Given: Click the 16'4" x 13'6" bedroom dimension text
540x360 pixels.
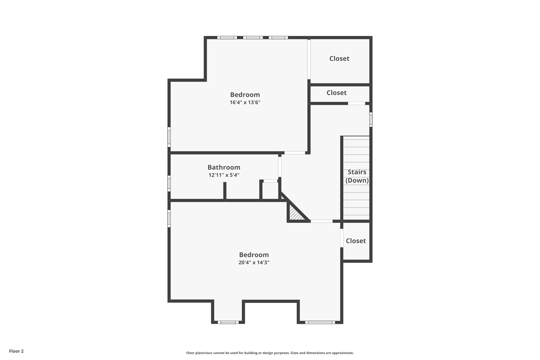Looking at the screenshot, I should point(245,102).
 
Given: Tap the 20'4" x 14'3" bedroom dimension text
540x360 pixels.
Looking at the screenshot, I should point(254,262).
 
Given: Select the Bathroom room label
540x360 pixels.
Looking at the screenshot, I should point(224,167).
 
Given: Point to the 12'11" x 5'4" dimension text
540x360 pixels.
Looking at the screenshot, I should point(224,175).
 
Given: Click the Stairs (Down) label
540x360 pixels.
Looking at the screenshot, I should point(357,176).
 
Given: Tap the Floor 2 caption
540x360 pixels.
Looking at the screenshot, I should point(16,351).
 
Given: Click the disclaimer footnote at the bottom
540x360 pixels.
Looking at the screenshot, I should point(270,353).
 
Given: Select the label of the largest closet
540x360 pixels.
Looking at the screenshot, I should point(339,59).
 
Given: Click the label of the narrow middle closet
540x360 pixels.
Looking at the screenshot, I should point(336,93).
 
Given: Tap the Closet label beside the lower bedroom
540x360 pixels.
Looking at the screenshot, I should point(356,241).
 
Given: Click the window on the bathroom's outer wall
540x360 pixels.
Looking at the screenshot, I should point(169,183).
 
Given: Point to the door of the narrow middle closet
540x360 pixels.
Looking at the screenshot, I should point(356,103).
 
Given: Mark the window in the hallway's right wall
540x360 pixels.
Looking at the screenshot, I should point(371,119).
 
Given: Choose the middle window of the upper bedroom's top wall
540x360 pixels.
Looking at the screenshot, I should point(253,37).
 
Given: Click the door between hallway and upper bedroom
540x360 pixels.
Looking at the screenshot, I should point(295,153).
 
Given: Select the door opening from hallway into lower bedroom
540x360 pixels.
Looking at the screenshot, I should point(321,221).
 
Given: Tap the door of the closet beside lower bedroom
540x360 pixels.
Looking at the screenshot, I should point(342,238).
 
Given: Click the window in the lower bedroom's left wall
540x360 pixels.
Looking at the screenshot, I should point(169,218).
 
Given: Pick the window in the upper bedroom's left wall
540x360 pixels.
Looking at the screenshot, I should point(169,137).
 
